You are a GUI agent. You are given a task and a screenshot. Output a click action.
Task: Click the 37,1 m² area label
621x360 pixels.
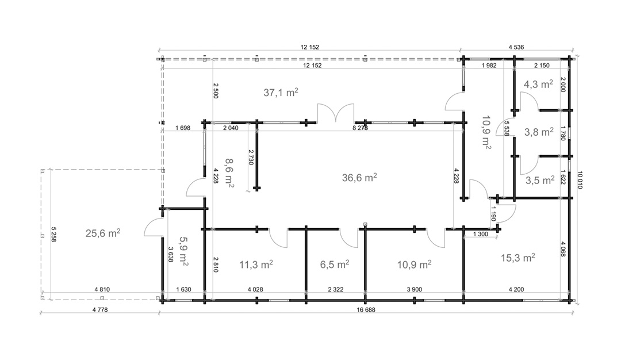(281, 92)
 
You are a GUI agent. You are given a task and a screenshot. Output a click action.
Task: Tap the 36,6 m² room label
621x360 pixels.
(359, 178)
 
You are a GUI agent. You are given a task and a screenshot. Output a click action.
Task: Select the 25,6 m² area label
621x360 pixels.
(103, 233)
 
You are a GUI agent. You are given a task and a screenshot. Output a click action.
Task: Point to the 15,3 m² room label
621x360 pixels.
(518, 258)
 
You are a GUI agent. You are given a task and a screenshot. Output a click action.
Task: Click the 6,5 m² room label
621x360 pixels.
(335, 264)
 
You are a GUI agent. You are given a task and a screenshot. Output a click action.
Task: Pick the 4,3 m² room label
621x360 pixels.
(538, 84)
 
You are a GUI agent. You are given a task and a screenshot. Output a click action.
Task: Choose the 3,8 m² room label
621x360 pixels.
(539, 132)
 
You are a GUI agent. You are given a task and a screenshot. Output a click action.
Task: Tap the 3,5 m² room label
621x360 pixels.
(540, 180)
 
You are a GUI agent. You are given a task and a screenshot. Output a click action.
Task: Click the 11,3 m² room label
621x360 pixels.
(256, 264)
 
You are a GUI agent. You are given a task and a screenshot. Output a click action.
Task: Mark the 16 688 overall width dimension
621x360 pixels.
(366, 310)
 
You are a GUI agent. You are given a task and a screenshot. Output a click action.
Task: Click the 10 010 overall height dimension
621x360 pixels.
(580, 180)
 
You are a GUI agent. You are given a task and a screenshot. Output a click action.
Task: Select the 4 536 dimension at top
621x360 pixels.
(516, 47)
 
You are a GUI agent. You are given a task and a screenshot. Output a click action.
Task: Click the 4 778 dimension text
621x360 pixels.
(100, 310)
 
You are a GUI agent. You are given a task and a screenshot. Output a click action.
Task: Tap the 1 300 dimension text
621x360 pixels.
(480, 234)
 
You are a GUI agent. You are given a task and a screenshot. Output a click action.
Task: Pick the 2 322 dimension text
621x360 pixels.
(335, 289)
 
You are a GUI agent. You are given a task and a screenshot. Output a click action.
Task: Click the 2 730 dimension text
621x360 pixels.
(250, 157)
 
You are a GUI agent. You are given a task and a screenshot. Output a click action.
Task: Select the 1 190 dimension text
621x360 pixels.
(493, 214)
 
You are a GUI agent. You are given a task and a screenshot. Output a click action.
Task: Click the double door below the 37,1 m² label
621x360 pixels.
(335, 113)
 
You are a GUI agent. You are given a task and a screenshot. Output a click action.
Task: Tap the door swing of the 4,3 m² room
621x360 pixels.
(529, 101)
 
